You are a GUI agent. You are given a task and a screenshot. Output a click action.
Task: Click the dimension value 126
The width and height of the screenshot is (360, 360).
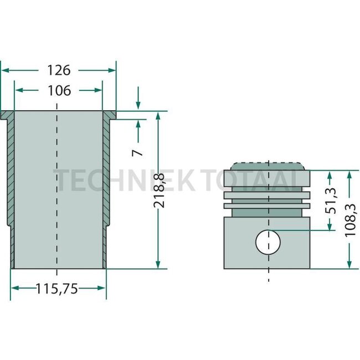pos(59,70)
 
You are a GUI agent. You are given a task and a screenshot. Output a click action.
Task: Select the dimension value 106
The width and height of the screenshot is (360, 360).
pos(59,90)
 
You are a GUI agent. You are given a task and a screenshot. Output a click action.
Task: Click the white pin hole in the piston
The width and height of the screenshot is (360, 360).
pos(268,241)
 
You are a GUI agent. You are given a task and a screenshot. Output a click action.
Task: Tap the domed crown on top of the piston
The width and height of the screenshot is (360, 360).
pos(268,166)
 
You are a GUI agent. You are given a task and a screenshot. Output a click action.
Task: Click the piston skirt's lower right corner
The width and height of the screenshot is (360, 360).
pos(309,268)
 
